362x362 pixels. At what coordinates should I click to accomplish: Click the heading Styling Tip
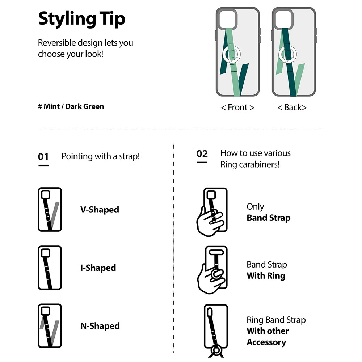(81, 19)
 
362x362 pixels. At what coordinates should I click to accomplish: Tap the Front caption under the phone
(237, 108)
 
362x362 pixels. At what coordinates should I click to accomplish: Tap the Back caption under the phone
(292, 108)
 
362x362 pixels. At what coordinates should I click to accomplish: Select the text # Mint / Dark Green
(71, 106)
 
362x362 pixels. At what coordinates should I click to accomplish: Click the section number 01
(43, 157)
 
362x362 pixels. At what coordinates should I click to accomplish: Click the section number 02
(202, 153)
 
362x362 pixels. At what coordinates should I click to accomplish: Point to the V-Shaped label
(100, 210)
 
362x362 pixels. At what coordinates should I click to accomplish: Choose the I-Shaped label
(98, 268)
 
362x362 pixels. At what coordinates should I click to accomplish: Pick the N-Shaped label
(100, 326)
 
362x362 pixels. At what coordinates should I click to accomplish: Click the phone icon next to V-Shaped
(50, 210)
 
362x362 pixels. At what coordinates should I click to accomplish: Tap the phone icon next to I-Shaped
(50, 268)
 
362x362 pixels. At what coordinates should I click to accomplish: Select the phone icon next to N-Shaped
(50, 326)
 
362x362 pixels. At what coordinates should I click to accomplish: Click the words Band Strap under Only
(269, 218)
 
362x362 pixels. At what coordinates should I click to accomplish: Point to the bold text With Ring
(266, 276)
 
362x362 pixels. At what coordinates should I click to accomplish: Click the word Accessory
(266, 342)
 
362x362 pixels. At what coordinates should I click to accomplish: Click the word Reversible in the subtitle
(56, 43)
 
